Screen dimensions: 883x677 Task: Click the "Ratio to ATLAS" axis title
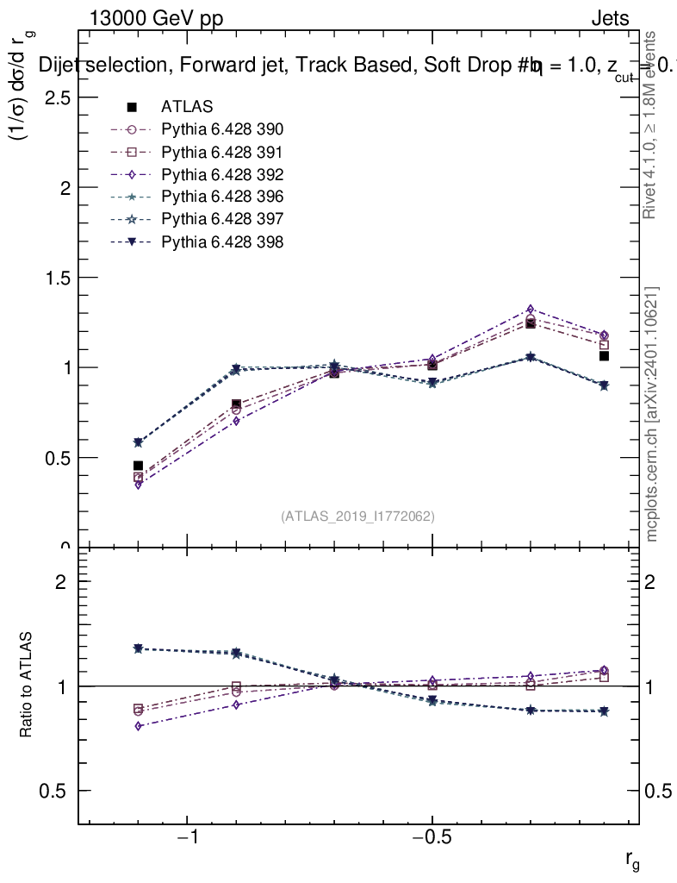(27, 685)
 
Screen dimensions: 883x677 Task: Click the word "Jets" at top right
(610, 19)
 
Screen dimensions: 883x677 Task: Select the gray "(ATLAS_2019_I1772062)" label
(357, 517)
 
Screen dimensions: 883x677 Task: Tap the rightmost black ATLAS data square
(605, 356)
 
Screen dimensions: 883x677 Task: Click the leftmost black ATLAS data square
(138, 466)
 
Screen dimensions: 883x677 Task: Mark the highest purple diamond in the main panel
(531, 309)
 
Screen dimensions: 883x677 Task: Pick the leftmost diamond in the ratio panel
(138, 726)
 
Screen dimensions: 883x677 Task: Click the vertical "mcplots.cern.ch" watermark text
(653, 414)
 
